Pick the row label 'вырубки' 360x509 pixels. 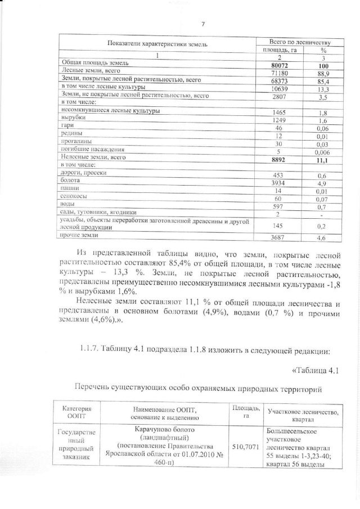click(x=73, y=120)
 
